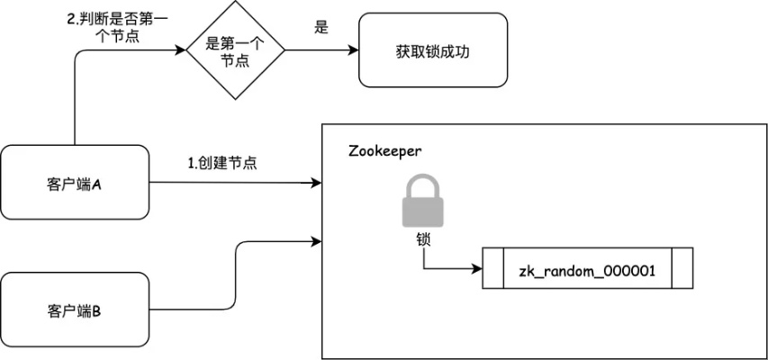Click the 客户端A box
click(75, 183)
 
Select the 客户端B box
click(75, 311)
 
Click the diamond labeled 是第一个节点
click(234, 49)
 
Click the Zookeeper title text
click(384, 150)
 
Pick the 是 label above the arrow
click(321, 27)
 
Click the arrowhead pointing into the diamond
click(180, 49)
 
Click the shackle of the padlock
click(422, 185)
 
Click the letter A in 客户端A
click(96, 184)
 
